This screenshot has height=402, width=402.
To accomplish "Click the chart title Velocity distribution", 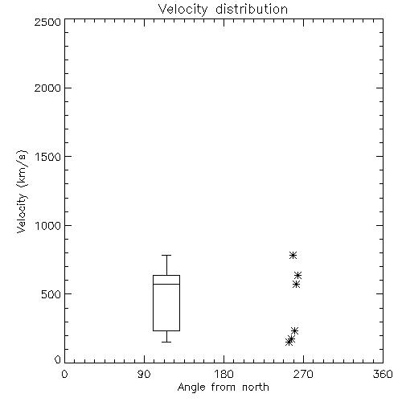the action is [223, 10].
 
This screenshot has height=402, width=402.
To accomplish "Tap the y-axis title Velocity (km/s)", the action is [22, 191].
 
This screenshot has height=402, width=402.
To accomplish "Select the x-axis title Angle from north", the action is [223, 388].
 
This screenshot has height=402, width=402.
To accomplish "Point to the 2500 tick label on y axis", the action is [47, 22].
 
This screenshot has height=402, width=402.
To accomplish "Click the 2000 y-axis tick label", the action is [47, 88].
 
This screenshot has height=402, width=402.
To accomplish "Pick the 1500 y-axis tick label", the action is [48, 157].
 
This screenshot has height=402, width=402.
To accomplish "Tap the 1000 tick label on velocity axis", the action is [48, 225].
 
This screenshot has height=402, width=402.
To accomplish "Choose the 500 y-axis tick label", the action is [51, 294].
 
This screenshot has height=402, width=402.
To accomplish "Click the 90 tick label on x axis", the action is [144, 375].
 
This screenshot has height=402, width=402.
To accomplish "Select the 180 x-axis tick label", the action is [224, 375].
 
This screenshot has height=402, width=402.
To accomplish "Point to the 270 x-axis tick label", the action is [303, 375].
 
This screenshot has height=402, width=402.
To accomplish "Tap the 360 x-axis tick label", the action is [383, 375].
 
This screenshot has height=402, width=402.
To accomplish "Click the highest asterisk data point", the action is [293, 255].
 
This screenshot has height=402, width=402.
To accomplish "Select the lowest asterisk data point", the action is [289, 342].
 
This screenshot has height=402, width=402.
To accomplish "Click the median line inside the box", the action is [166, 284].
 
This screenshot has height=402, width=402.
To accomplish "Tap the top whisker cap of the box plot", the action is [166, 255].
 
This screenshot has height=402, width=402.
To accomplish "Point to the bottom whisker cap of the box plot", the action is [166, 342].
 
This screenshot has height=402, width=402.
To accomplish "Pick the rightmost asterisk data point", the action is [297, 275].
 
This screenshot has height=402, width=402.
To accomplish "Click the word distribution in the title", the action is [252, 10].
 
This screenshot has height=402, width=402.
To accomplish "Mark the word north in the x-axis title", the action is [256, 388].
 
